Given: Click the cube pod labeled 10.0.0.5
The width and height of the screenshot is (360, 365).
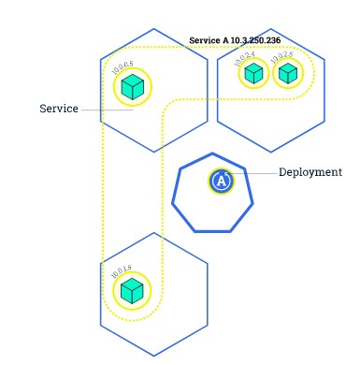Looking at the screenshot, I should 133,88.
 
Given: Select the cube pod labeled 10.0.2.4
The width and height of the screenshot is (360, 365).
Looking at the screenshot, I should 252,73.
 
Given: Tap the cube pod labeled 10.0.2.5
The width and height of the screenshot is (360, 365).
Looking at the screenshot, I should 287,73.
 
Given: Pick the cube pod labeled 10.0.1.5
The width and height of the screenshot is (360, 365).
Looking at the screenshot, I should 133,290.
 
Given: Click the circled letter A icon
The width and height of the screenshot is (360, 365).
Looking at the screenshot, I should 221,182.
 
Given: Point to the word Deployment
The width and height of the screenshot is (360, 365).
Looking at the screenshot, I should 310,172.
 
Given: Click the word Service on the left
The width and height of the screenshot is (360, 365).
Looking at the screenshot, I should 58,109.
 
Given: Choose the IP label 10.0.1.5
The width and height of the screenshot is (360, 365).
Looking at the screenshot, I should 122,272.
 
